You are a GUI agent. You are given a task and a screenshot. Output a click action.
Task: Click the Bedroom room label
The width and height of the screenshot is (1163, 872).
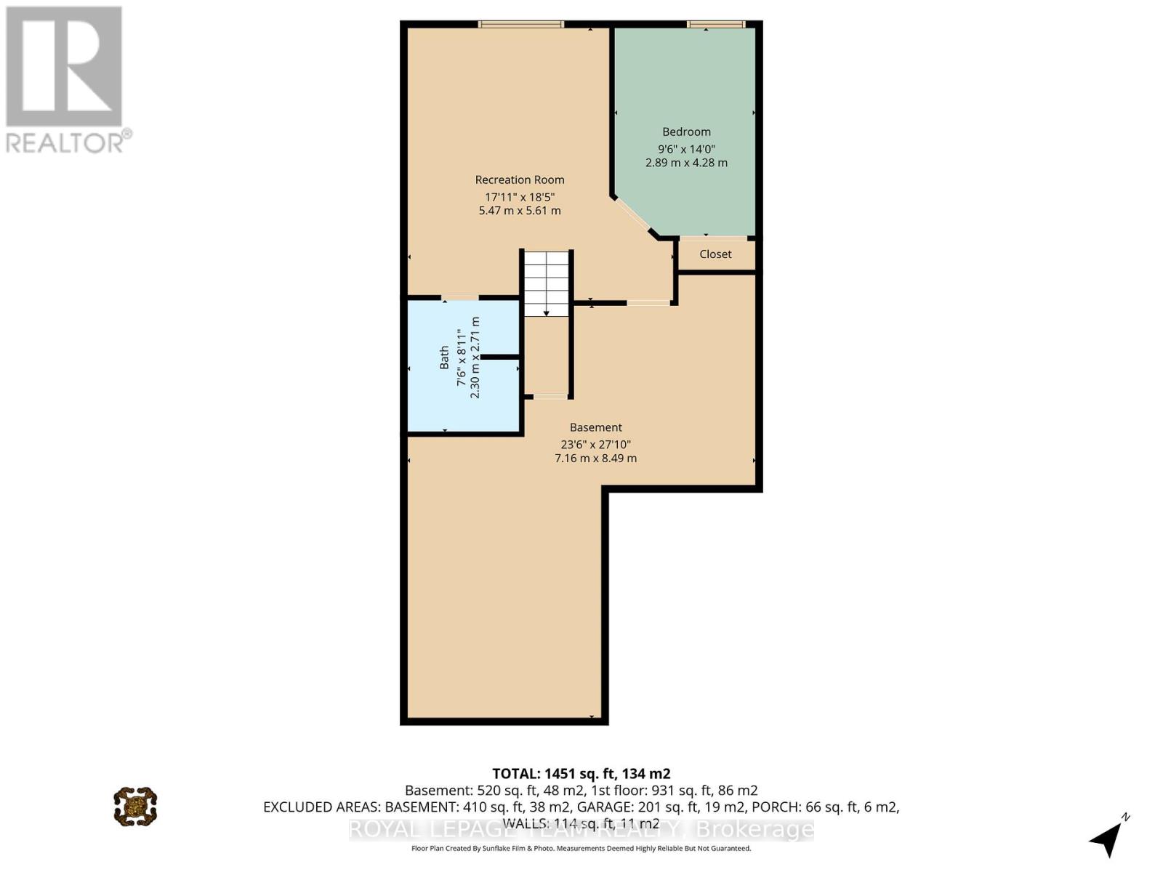coord(686,132)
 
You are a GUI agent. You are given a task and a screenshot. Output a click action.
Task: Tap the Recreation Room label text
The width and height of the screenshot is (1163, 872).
coord(520,179)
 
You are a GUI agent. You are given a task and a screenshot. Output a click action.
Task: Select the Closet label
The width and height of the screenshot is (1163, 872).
coord(715,254)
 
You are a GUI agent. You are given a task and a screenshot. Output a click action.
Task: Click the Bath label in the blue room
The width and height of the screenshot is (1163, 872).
coord(444,358)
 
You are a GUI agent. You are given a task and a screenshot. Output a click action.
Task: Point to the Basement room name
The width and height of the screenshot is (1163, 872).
coord(595,427)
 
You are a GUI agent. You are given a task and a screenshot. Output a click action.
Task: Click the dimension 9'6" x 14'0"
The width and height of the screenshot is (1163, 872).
coord(686,148)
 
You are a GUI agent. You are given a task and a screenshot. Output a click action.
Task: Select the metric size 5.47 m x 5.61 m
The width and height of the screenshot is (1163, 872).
coord(520,211)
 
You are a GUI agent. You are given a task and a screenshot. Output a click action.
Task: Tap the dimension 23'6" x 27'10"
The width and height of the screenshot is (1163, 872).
coord(595,444)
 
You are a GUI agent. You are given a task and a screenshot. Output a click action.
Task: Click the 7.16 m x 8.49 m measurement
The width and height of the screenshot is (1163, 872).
coord(595,459)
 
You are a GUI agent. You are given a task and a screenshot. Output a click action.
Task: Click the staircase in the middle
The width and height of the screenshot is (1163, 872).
coord(547,283)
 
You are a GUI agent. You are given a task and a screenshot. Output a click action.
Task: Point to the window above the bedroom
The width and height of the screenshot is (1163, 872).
coord(716,25)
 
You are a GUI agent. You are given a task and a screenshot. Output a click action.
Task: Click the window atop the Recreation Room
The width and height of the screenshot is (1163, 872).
coord(520,25)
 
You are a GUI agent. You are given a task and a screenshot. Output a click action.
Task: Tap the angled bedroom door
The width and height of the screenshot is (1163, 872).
coord(631,215)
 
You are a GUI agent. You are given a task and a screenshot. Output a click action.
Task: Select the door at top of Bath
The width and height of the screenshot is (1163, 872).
coord(459,297)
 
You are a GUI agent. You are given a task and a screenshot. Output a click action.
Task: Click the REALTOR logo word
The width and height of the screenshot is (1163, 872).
coord(67,142)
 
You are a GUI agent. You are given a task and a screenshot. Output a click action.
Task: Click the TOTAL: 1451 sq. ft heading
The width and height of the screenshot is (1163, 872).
coord(581,773)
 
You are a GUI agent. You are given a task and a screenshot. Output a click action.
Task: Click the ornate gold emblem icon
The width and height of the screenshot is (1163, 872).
coord(135,806)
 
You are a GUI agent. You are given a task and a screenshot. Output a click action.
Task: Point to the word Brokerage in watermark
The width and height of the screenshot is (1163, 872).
coord(755,829)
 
